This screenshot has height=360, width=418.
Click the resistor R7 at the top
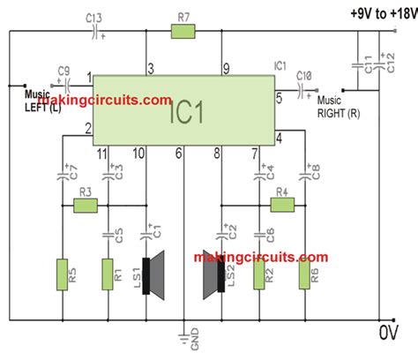pos(183,33)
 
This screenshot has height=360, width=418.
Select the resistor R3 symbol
pos(85,206)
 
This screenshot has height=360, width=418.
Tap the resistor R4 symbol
pos(281,205)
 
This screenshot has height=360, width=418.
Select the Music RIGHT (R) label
pos(340,105)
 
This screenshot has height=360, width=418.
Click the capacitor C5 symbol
pos(108,236)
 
